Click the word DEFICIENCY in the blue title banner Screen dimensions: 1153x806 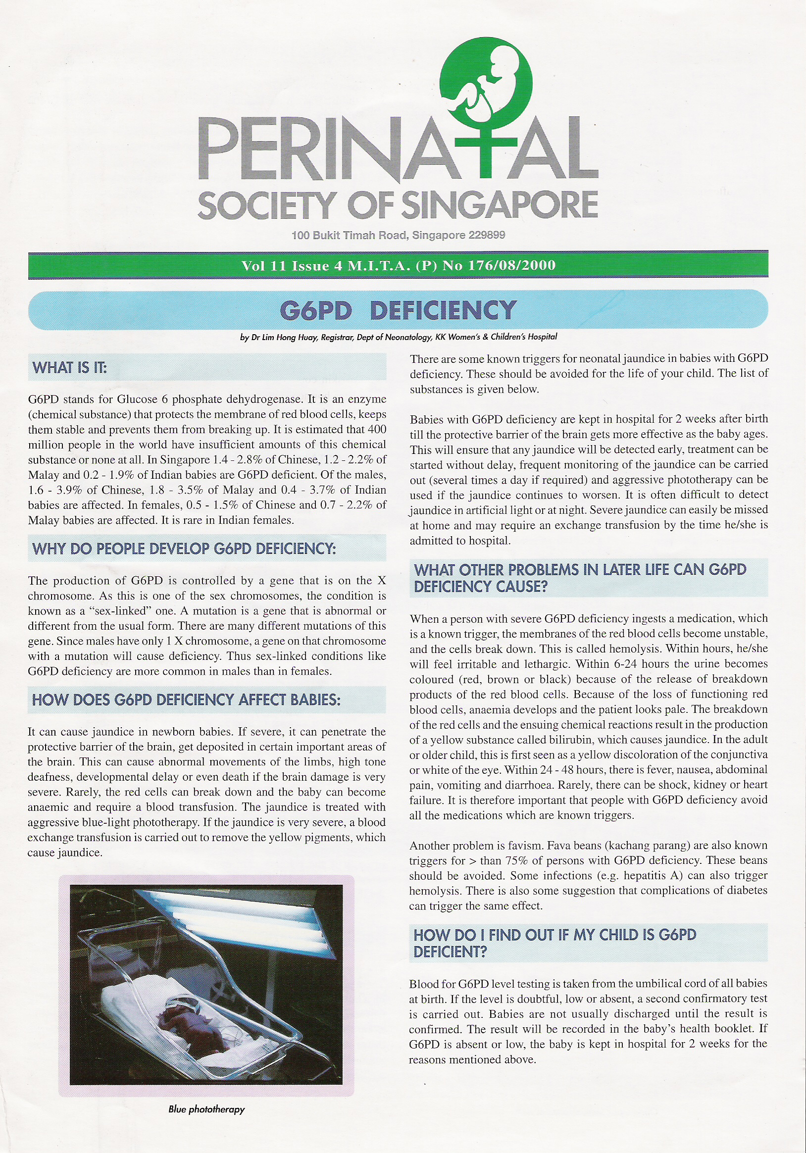point(443,310)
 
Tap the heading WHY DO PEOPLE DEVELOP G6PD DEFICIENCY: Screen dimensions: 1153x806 point(184,549)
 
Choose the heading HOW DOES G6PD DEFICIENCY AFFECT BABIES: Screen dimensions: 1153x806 point(186,700)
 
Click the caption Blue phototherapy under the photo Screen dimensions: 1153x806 point(206,1109)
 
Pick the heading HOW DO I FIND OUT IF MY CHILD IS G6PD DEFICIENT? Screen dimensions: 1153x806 point(555,943)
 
